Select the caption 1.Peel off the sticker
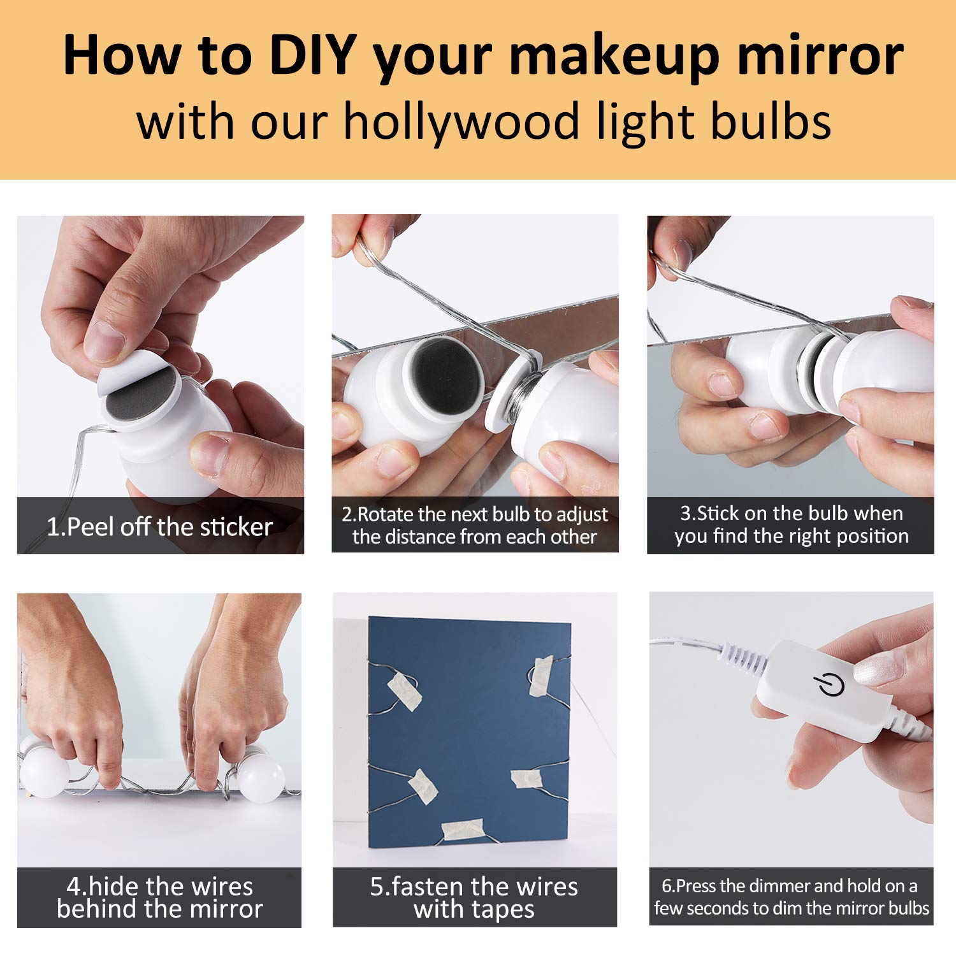pyautogui.click(x=159, y=527)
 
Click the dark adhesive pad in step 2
pyautogui.click(x=446, y=375)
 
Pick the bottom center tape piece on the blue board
pyautogui.click(x=463, y=830)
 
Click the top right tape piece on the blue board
pyautogui.click(x=542, y=676)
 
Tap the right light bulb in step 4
pyautogui.click(x=261, y=778)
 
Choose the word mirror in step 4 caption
pyautogui.click(x=229, y=909)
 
